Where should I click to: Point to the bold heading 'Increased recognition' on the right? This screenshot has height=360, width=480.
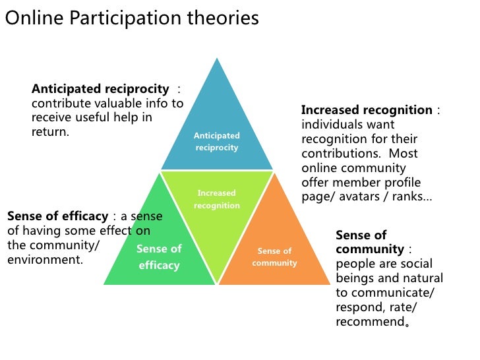point(367,110)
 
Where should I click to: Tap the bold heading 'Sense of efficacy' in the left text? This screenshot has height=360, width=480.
point(57,216)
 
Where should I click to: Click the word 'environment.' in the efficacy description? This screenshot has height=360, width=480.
point(45,259)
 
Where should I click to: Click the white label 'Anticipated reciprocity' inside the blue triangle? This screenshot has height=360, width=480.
point(216,142)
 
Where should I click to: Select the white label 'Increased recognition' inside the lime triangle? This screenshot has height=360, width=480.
point(216,199)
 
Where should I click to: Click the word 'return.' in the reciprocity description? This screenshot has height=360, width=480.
point(50,132)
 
